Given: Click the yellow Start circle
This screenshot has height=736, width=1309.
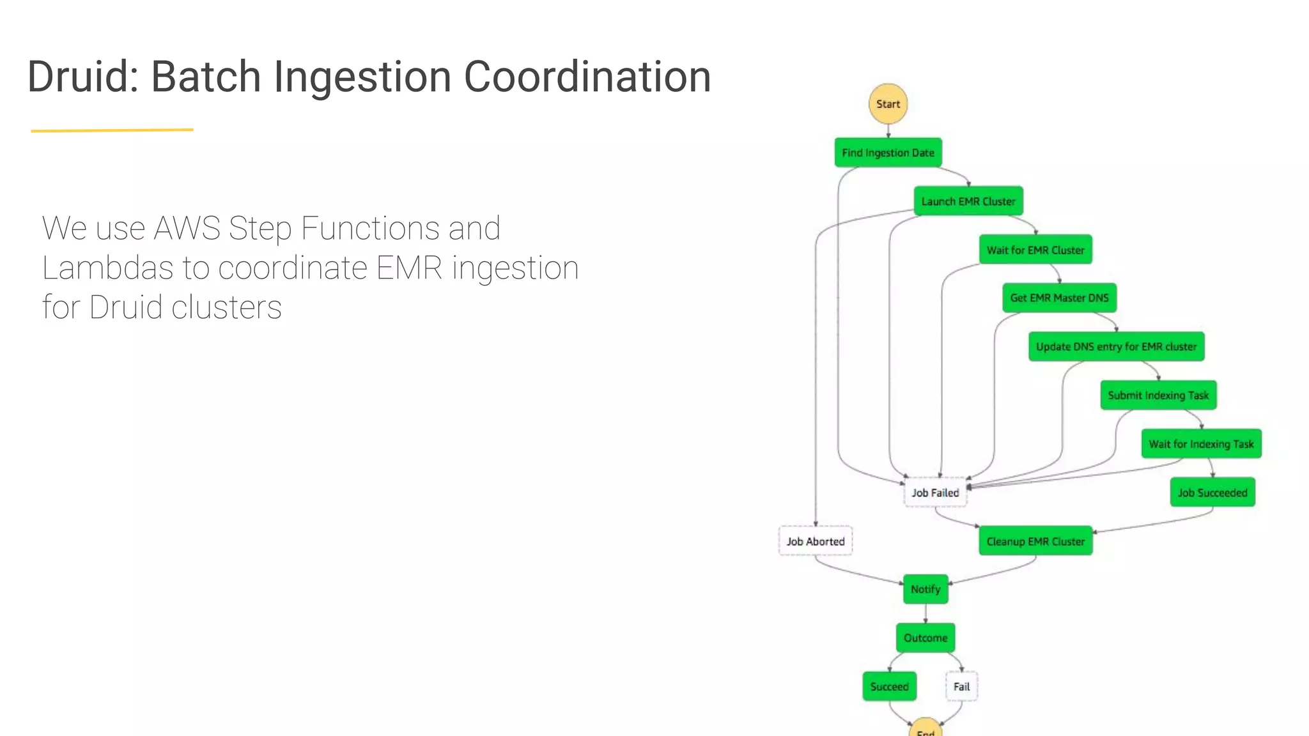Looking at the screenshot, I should point(888,103).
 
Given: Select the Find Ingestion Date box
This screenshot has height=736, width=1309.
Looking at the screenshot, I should point(888,153).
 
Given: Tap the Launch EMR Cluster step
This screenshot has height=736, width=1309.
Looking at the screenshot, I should point(968,201).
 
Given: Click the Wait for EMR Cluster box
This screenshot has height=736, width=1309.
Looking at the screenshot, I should point(1035,250).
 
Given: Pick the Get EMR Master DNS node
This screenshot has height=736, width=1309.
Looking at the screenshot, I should point(1059,298).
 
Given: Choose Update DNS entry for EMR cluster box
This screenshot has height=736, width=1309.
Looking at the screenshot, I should point(1116,346).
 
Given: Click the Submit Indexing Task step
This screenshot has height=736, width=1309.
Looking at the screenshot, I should point(1158,395).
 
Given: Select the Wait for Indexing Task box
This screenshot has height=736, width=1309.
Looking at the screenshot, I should point(1201,443).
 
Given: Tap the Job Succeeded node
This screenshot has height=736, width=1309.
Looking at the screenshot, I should point(1212,493).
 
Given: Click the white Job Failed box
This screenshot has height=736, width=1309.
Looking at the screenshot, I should point(935,493).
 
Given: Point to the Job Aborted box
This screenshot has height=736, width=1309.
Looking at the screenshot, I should point(815,541).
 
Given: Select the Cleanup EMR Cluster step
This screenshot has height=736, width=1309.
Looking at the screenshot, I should point(1035,541).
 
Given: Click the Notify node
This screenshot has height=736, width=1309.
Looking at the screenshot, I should point(926,589).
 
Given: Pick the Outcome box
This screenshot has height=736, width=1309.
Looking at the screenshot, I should point(926,638).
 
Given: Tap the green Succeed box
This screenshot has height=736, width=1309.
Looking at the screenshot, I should point(889,686).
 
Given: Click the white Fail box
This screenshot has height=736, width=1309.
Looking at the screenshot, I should point(961,686).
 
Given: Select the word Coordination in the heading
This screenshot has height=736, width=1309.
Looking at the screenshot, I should point(587,77).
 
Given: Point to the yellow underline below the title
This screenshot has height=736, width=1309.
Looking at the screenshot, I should point(112,130).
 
